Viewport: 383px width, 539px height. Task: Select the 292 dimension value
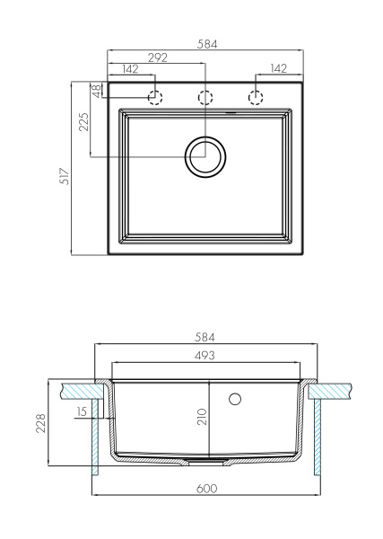(157, 57)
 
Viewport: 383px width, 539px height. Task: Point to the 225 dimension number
(83, 123)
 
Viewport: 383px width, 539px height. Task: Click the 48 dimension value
(94, 90)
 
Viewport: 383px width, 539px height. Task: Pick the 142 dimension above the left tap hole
(129, 69)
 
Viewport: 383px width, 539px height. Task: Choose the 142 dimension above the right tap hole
(278, 69)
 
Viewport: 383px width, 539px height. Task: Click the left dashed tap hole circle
(155, 97)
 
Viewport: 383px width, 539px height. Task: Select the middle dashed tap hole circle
(205, 97)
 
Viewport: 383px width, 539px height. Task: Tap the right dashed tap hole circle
(257, 97)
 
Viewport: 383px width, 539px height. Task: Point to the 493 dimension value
(205, 356)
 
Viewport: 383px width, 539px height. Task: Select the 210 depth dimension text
(202, 416)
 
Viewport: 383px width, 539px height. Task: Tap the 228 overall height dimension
(41, 422)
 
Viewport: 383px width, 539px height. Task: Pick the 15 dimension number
(83, 411)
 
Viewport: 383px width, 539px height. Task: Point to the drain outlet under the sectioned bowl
(205, 461)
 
